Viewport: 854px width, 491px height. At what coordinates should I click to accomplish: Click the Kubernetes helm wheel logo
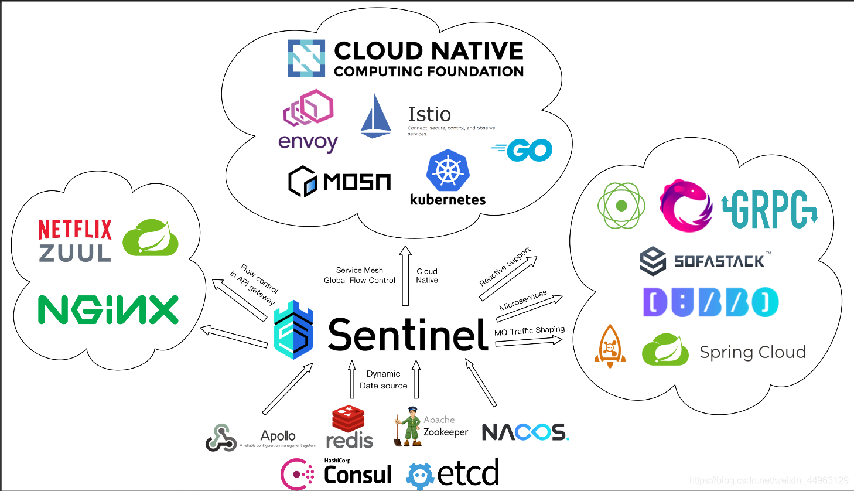[x=448, y=170]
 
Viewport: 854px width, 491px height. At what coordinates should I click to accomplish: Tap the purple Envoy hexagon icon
[x=309, y=108]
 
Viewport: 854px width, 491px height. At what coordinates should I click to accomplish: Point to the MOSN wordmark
[x=357, y=182]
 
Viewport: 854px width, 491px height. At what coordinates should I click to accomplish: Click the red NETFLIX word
[x=75, y=230]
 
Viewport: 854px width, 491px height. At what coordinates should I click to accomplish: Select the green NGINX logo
[x=108, y=309]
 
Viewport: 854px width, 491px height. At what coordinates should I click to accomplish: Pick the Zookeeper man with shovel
[x=408, y=427]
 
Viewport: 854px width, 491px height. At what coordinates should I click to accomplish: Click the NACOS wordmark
[x=525, y=432]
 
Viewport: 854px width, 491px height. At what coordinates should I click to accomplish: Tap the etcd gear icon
[x=420, y=476]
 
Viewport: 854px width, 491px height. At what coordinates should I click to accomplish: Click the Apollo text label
[x=278, y=436]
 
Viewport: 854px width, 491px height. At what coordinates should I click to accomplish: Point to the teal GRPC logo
[x=770, y=209]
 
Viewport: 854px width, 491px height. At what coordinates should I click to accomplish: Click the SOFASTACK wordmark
[x=719, y=261]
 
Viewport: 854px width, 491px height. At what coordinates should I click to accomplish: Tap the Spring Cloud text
[x=753, y=352]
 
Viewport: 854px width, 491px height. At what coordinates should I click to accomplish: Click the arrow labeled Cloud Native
[x=405, y=276]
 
